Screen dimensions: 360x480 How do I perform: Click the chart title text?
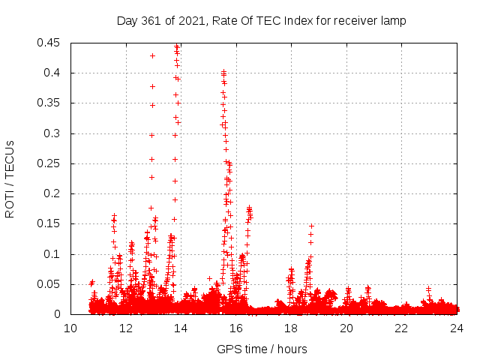point(261,21)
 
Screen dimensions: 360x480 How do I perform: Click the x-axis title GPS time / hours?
point(262,349)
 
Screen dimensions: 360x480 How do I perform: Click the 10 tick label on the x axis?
point(70,328)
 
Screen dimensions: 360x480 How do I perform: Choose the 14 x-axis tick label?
point(181,328)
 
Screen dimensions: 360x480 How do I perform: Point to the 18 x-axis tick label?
point(291,328)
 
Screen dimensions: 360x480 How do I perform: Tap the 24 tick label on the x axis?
point(457,328)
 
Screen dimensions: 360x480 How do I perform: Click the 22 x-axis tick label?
point(401,328)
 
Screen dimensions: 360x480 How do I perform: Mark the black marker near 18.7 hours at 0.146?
point(311,226)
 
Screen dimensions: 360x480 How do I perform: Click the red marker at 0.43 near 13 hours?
point(152,55)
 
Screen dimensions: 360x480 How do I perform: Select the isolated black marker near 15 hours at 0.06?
point(209,278)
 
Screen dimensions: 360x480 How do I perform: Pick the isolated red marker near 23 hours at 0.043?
point(428,289)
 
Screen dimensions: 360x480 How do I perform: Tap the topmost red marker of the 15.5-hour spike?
point(223,71)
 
